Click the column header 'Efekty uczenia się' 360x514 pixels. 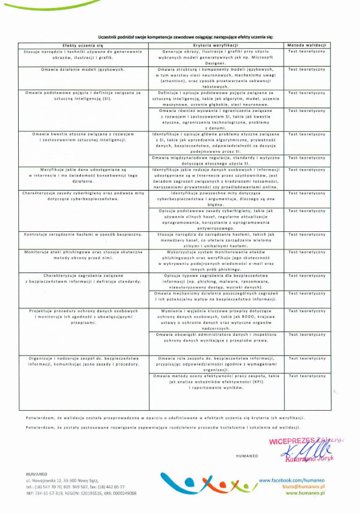pyautogui.click(x=82, y=46)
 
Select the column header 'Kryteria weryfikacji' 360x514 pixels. pyautogui.click(x=216, y=46)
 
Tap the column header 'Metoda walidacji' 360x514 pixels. pyautogui.click(x=306, y=46)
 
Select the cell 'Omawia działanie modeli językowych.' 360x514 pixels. pyautogui.click(x=82, y=70)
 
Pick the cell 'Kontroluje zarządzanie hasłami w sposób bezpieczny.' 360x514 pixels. pyautogui.click(x=82, y=234)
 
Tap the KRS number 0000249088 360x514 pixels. pyautogui.click(x=124, y=493)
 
